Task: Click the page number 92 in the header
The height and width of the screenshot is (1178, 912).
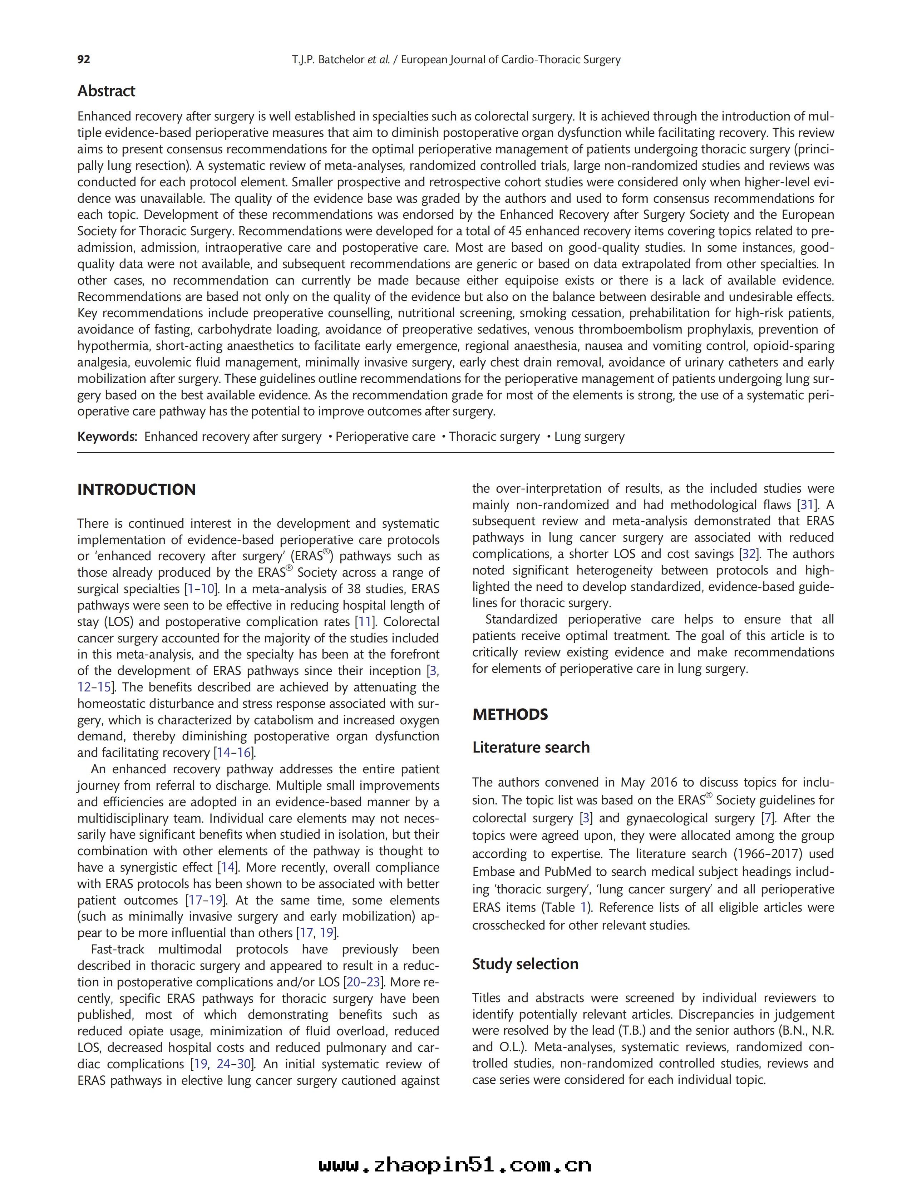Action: pos(84,59)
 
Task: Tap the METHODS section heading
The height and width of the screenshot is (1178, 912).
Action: pos(510,714)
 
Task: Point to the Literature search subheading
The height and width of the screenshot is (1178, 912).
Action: pos(531,747)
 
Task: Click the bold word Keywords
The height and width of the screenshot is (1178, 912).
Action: pos(107,437)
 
